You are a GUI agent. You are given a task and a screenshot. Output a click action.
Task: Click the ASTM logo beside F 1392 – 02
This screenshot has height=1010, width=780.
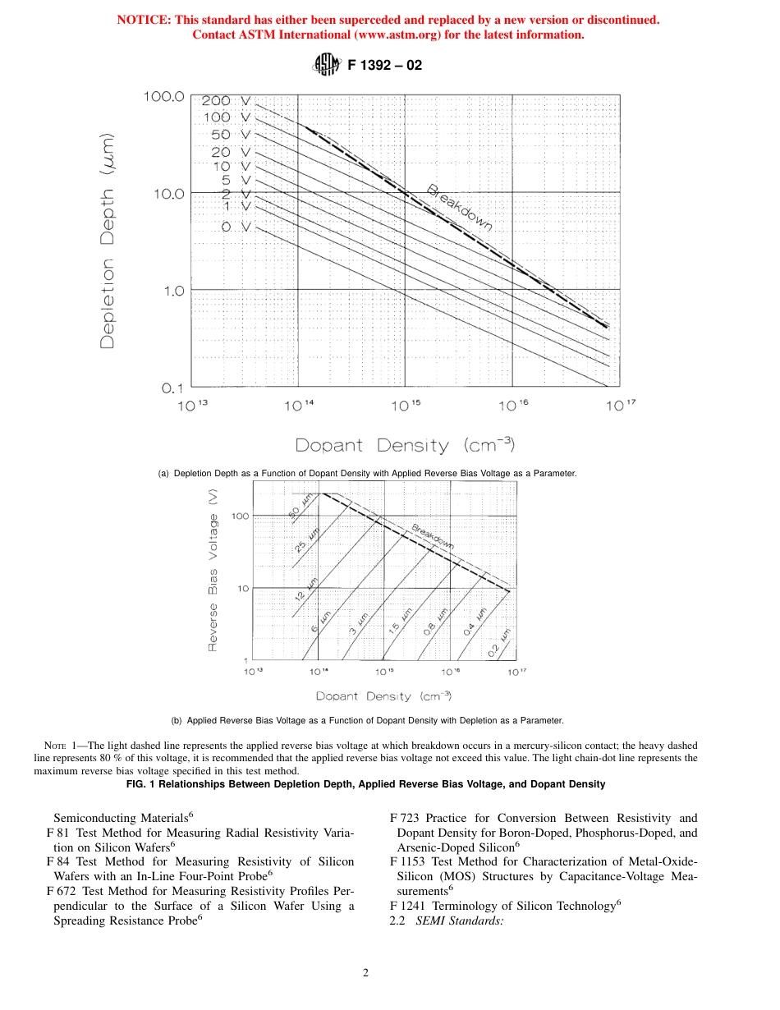click(x=326, y=65)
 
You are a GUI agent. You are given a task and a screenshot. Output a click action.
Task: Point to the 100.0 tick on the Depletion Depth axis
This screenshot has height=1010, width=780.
click(x=164, y=97)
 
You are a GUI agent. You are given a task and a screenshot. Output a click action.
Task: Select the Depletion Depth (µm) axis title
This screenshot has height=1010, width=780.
click(x=108, y=241)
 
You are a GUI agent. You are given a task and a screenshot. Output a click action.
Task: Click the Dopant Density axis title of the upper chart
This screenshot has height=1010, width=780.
click(x=405, y=446)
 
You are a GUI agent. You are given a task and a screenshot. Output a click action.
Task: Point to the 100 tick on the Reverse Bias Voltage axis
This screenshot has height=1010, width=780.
click(x=240, y=516)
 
